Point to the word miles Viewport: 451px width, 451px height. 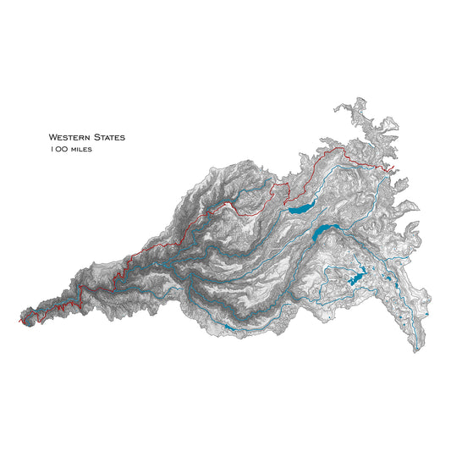[82, 150]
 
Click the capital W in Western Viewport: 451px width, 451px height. [52, 136]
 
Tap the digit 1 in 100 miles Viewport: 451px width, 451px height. [52, 149]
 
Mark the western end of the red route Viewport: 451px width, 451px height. [19, 323]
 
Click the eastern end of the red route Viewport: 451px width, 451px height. [396, 172]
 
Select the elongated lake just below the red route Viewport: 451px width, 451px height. [300, 206]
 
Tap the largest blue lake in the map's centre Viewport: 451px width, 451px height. [322, 232]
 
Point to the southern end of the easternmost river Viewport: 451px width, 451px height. [416, 349]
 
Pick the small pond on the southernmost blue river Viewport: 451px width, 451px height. [228, 327]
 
